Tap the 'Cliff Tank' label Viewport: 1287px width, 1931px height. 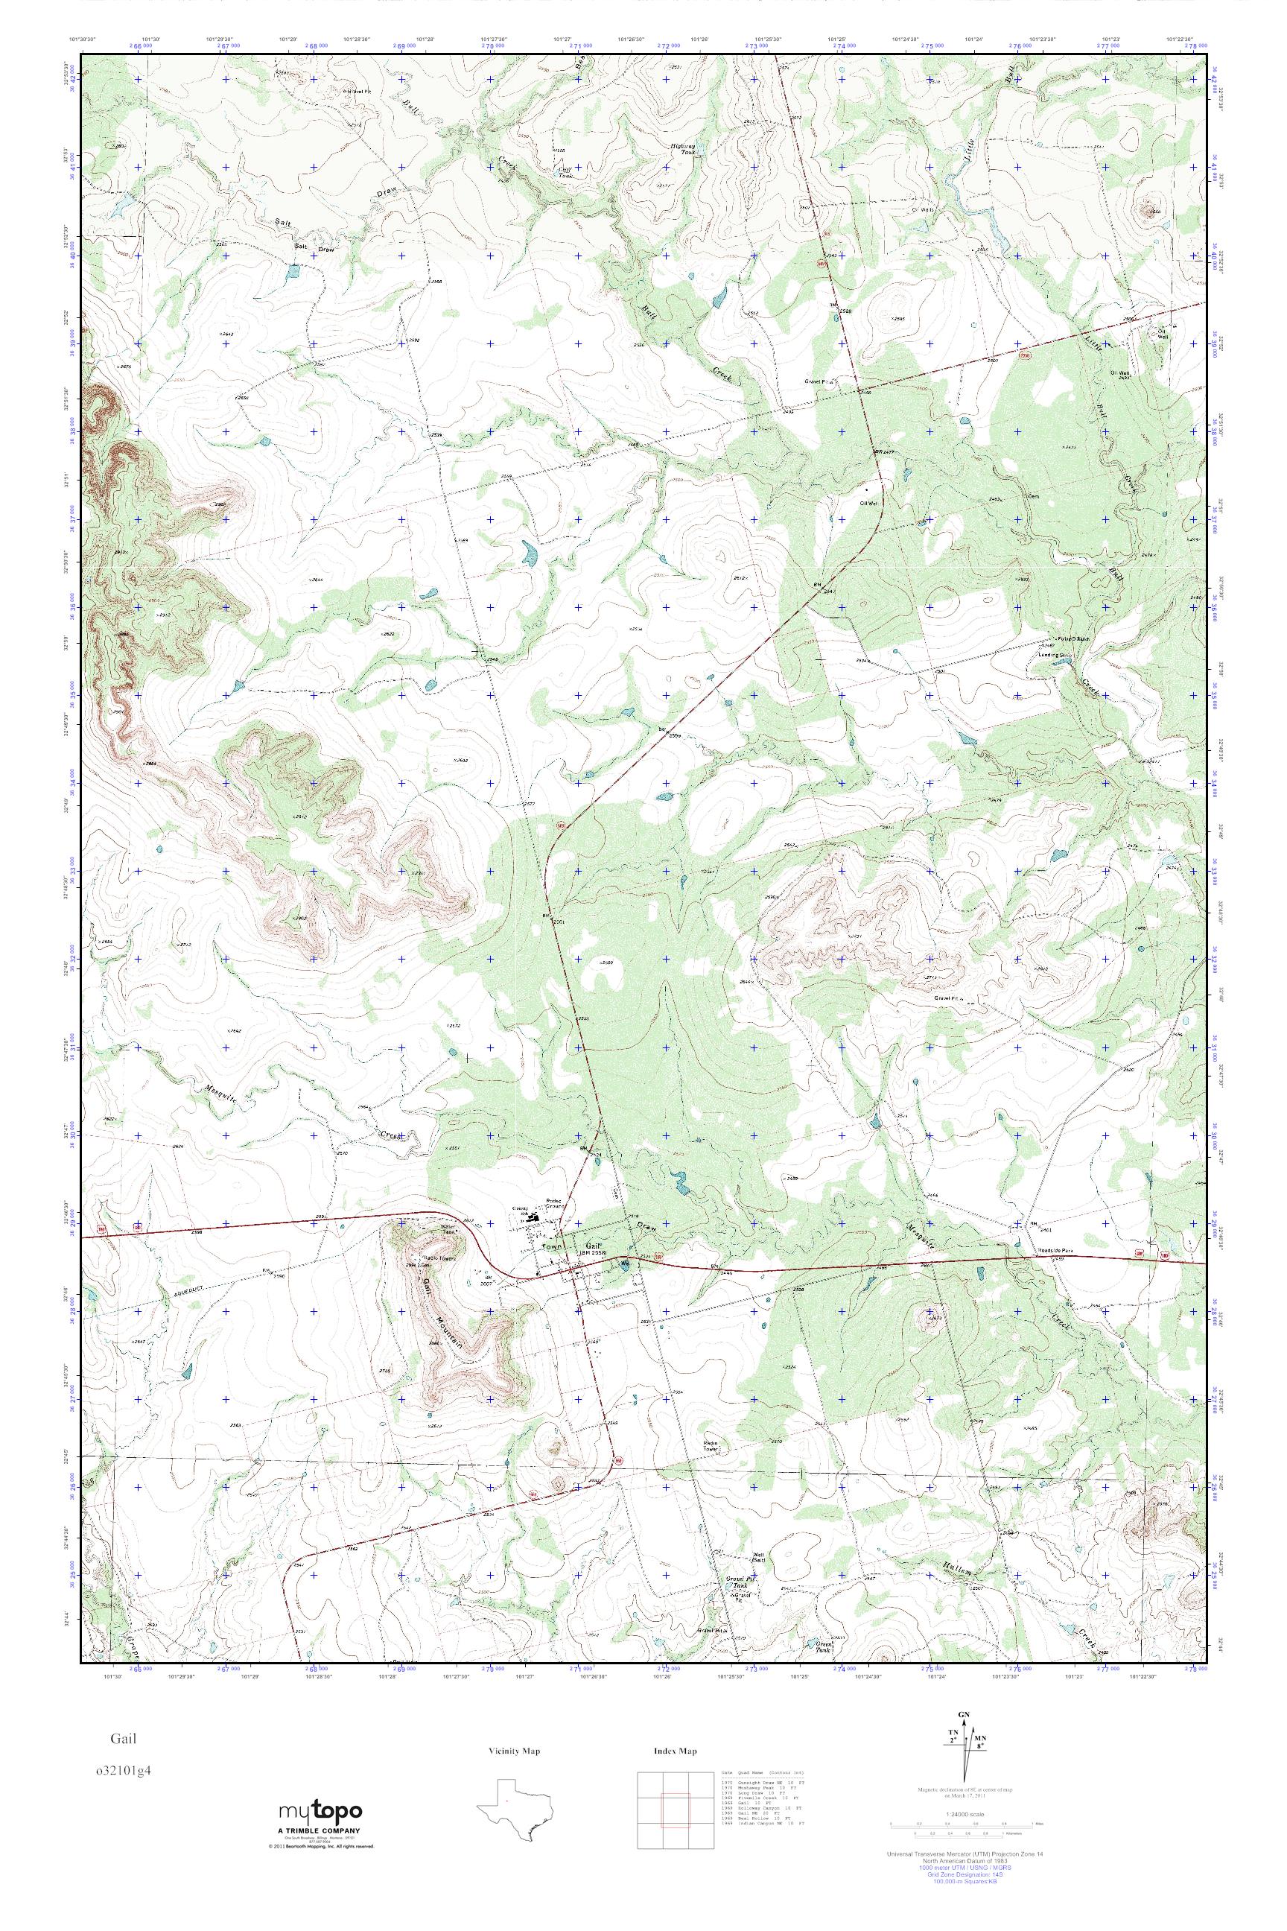click(x=565, y=171)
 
